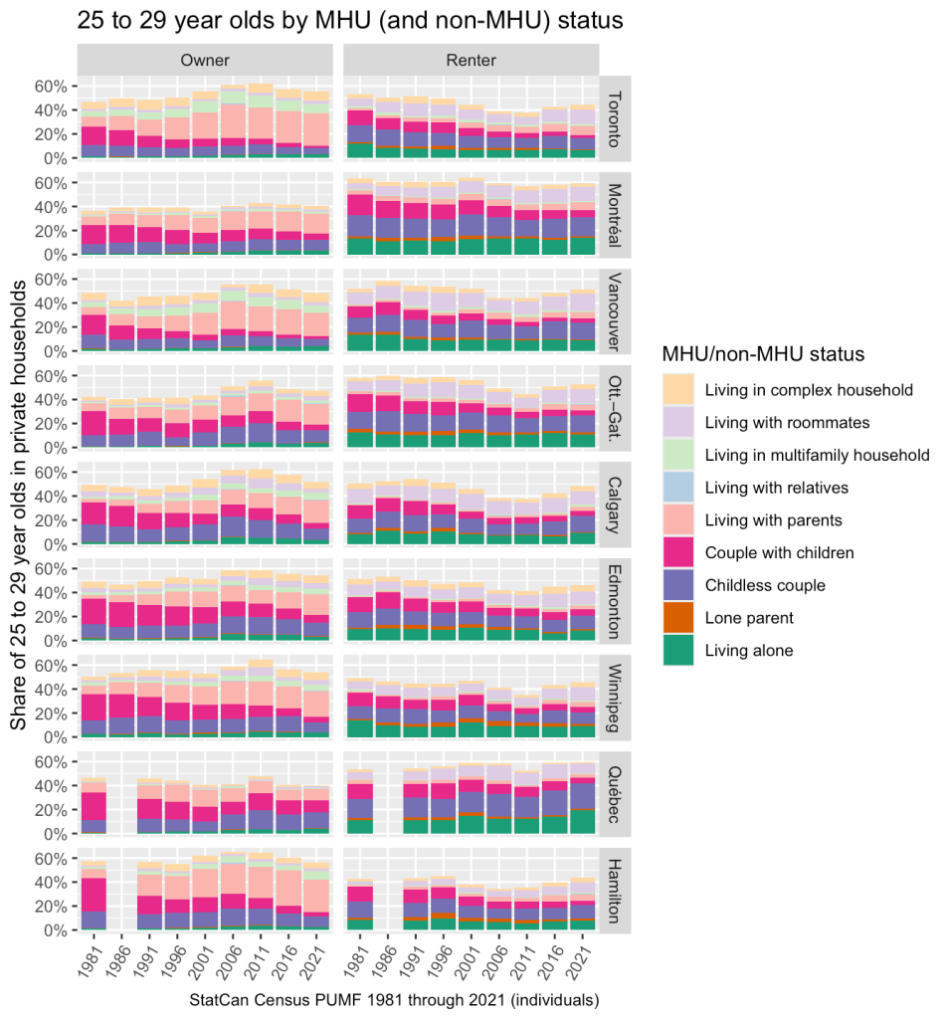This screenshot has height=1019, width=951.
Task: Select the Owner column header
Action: point(205,61)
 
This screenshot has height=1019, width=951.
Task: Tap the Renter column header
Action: point(472,61)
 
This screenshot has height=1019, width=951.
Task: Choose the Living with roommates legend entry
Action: point(786,422)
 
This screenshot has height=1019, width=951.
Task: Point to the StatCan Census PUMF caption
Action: point(394,999)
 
